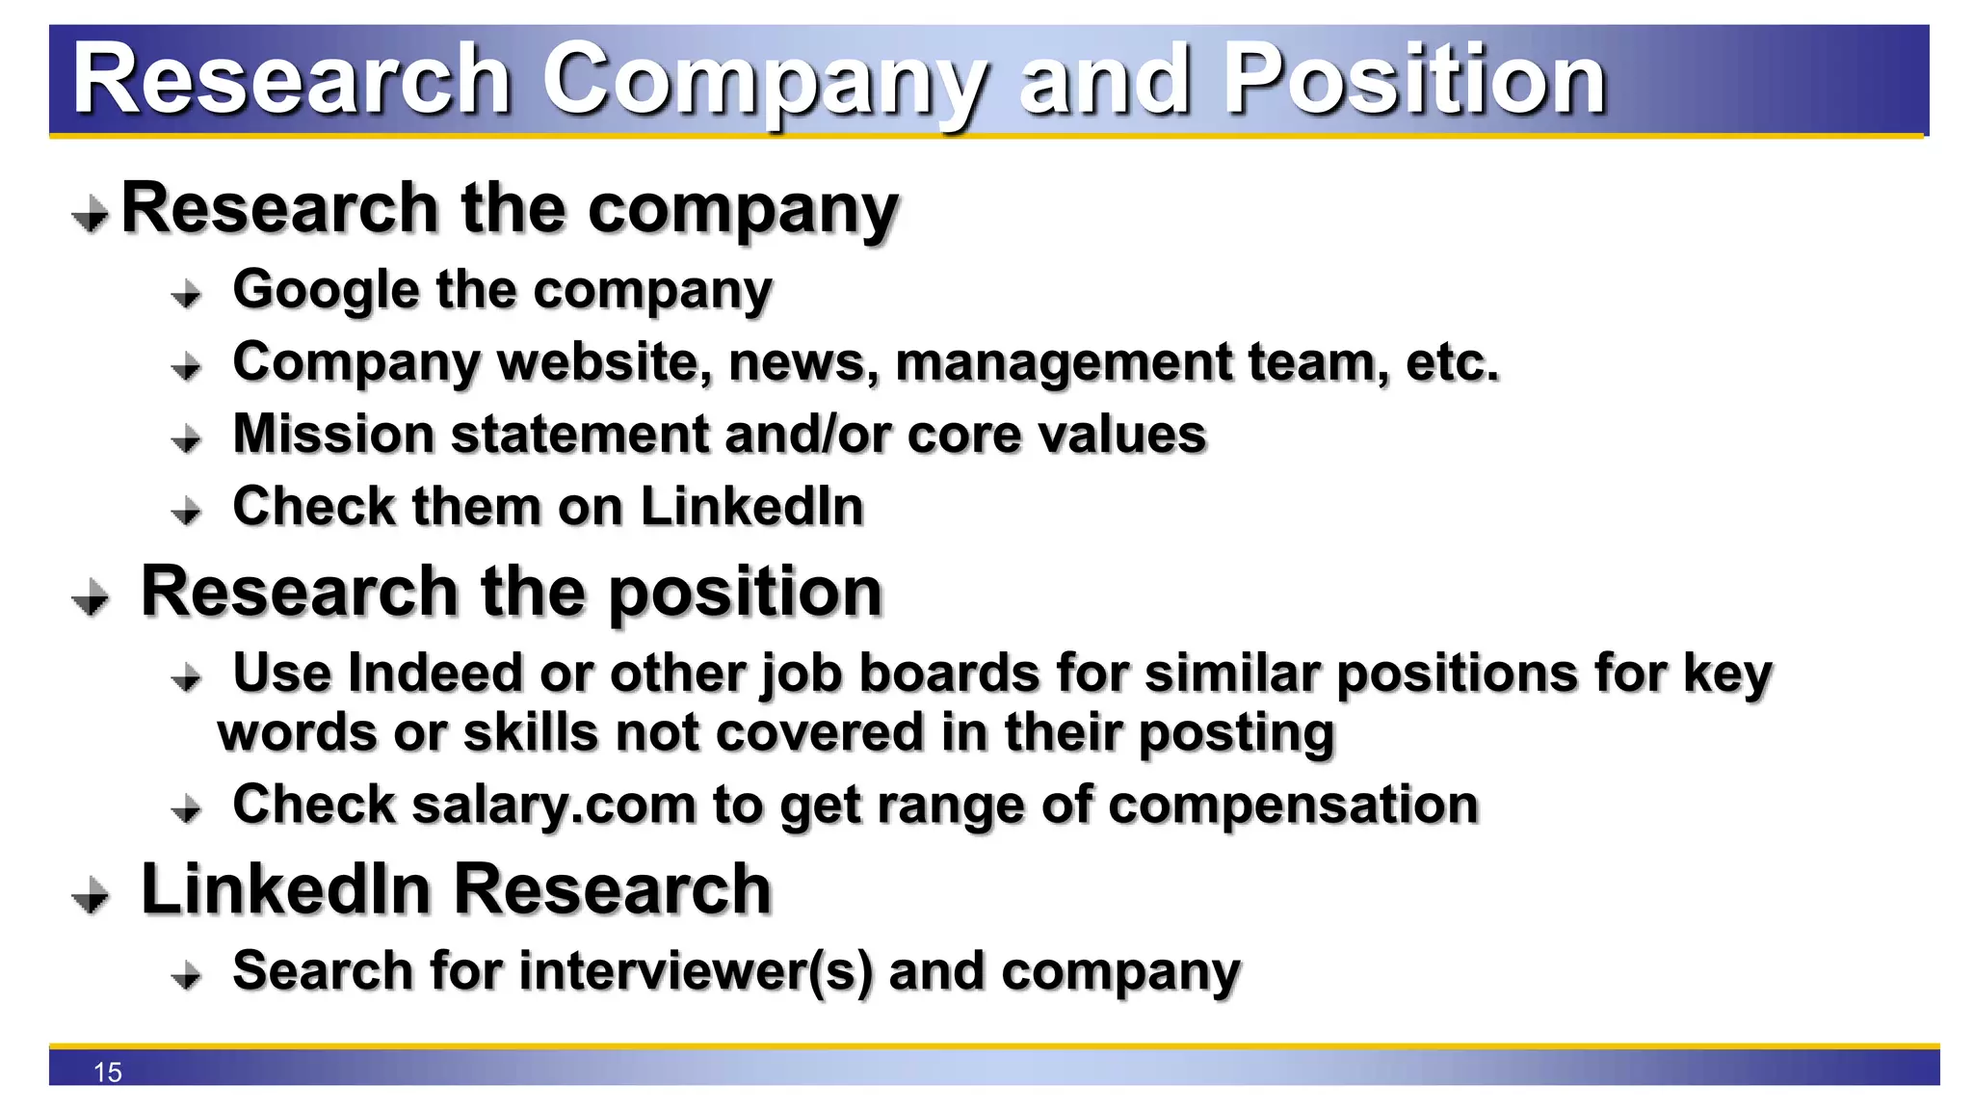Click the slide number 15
pos(108,1072)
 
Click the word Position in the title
pos(1414,80)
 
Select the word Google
pos(327,290)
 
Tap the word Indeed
pos(434,673)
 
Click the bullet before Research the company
pos(91,214)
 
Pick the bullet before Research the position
pos(91,597)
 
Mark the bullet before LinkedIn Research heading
pos(91,895)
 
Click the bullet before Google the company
pos(187,294)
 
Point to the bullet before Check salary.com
pos(187,808)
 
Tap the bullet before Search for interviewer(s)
pos(187,976)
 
